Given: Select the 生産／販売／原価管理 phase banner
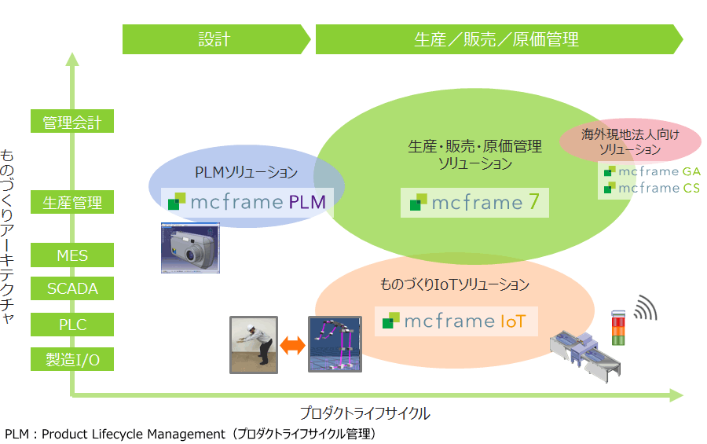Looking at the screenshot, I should tap(496, 39).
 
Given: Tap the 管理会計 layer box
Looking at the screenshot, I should tap(72, 122).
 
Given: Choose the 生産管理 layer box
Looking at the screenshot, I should tap(72, 203).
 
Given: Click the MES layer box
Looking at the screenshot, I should tap(72, 255).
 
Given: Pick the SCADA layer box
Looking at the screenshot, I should tap(72, 288).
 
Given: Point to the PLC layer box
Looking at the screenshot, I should tap(72, 325).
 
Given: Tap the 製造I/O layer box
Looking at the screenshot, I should tap(72, 360).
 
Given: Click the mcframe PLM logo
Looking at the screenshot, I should tap(247, 202).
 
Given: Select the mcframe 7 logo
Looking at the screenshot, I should tap(474, 203).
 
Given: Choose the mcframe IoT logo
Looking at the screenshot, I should tap(456, 321).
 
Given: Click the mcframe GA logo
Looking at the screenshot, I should tap(652, 171).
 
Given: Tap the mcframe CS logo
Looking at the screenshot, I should tap(652, 188).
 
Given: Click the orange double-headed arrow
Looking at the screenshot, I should tap(292, 344).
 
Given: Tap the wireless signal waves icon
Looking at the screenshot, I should tap(646, 308).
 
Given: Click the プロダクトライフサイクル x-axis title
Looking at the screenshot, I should tap(364, 413).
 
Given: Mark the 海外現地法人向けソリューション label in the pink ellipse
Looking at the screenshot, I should tap(630, 141).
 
